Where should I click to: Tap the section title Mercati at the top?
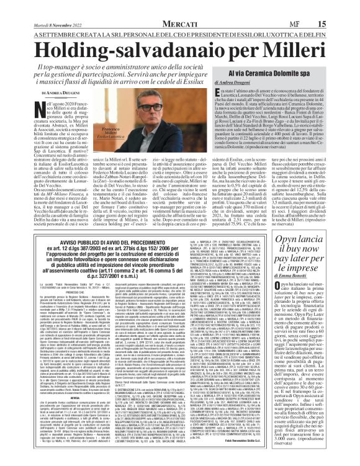click(x=180, y=6)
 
